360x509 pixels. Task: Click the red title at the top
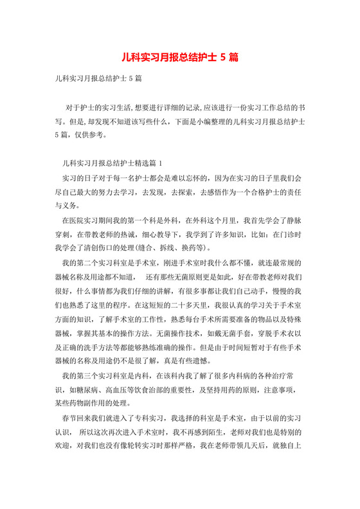(x=180, y=57)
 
